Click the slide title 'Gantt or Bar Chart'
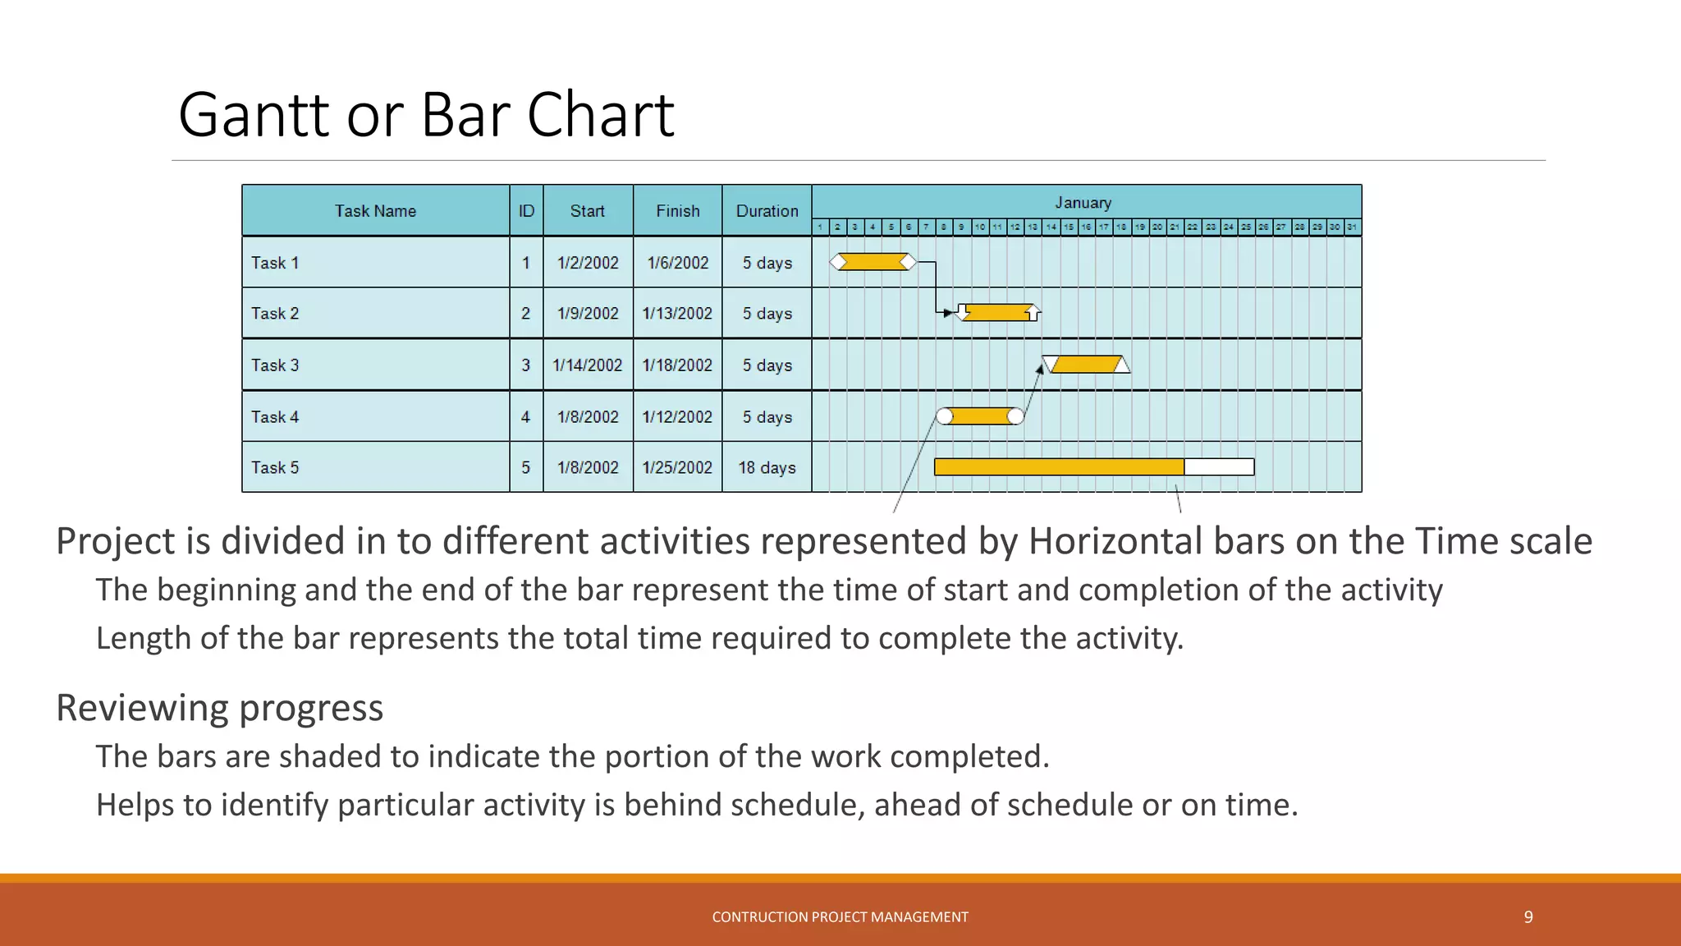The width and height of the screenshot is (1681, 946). click(x=425, y=114)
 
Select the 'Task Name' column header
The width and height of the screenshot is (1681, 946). click(x=375, y=211)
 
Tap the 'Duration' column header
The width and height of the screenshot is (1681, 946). click(x=767, y=211)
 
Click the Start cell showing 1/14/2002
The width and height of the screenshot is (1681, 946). click(x=588, y=365)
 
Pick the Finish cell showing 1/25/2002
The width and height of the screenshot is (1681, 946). click(x=677, y=468)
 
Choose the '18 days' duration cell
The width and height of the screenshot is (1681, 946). click(x=767, y=468)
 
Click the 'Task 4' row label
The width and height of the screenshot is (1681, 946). click(x=275, y=417)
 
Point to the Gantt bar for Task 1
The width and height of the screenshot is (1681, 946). click(x=873, y=262)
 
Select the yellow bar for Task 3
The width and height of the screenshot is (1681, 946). click(x=1085, y=365)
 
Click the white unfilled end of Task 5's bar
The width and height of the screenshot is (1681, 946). click(x=1219, y=467)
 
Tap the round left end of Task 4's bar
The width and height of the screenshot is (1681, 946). click(x=945, y=416)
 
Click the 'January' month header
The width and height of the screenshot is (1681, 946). click(x=1083, y=203)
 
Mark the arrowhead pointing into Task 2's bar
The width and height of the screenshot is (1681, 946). click(x=949, y=313)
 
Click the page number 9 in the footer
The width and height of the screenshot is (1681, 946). click(x=1528, y=917)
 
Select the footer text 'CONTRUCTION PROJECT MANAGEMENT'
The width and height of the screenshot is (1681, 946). click(x=840, y=917)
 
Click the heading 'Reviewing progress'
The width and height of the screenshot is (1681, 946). click(x=219, y=708)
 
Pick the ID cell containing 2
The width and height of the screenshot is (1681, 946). click(x=525, y=314)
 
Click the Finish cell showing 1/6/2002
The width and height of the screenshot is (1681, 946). click(x=677, y=263)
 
